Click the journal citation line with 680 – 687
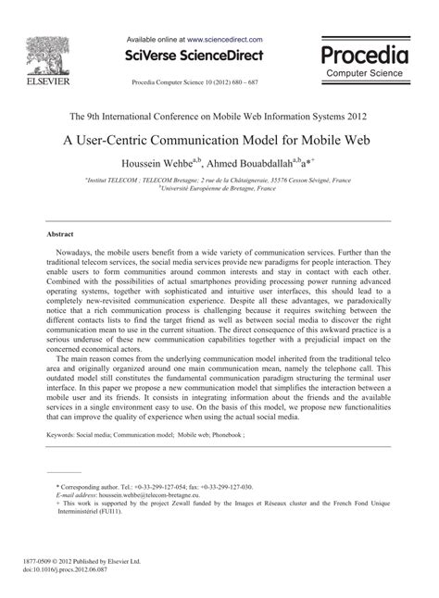196,81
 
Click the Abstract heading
58,235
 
